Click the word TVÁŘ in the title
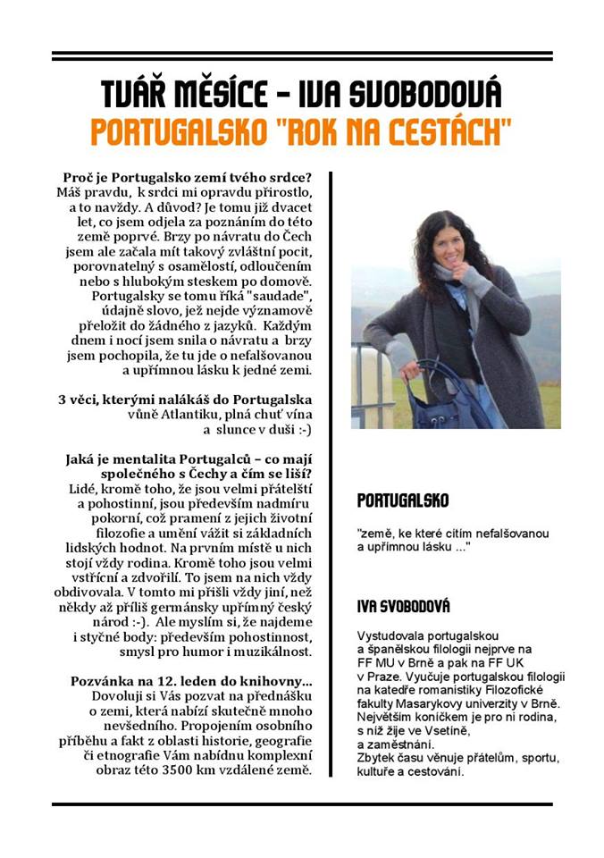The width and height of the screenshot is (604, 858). click(x=134, y=94)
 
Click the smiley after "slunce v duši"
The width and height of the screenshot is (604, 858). click(x=298, y=430)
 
